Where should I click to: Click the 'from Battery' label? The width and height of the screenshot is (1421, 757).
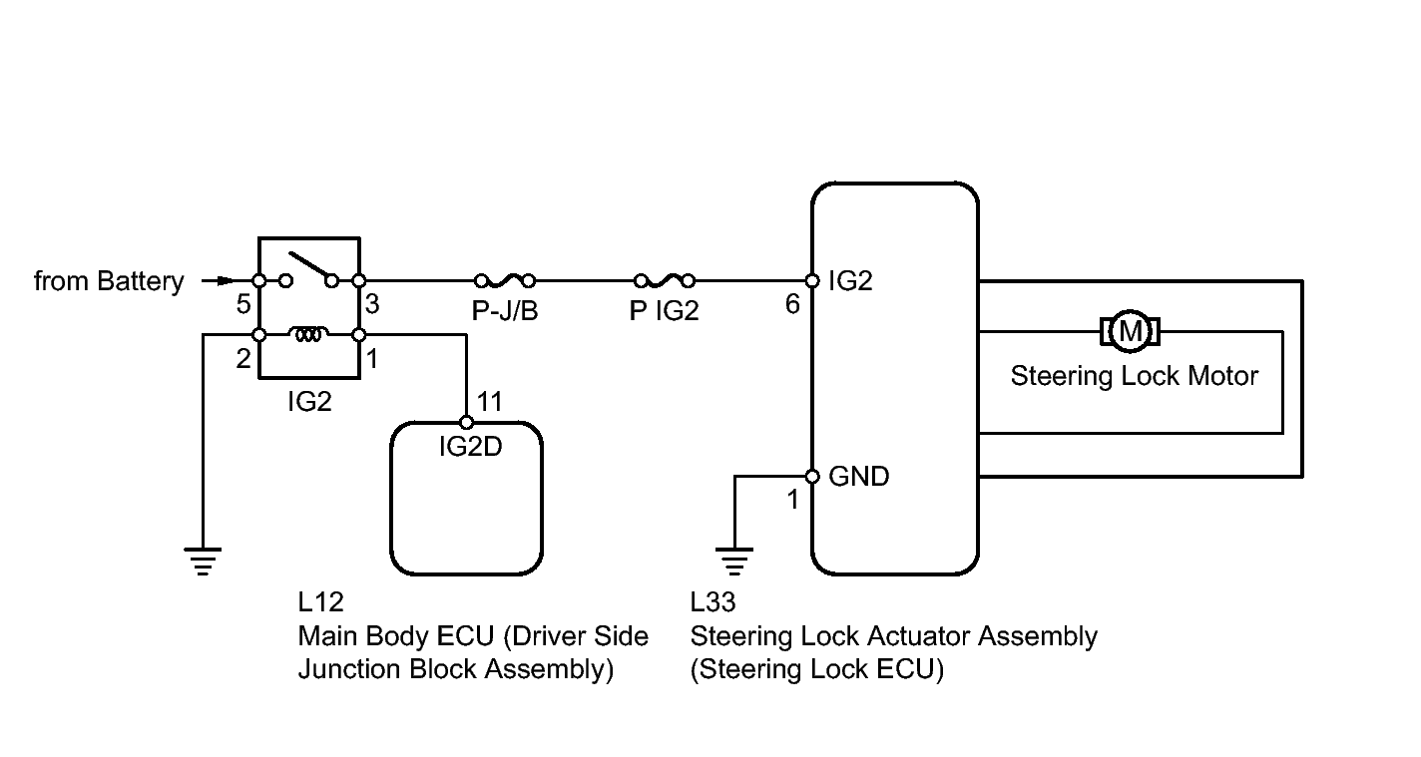tap(109, 281)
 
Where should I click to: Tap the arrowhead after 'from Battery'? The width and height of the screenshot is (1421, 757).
tap(226, 280)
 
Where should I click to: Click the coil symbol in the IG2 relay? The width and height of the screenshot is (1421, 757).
tap(309, 333)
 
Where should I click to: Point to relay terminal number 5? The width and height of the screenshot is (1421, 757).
tap(243, 305)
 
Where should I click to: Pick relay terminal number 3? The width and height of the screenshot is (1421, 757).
tap(372, 305)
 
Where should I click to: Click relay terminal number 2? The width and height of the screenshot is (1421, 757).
tap(243, 359)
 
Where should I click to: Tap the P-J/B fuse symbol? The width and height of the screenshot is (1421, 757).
tap(505, 280)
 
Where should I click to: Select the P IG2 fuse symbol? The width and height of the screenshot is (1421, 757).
tap(665, 280)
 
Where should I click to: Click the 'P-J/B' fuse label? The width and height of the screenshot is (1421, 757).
tap(505, 310)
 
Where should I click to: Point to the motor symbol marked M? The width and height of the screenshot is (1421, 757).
tap(1130, 331)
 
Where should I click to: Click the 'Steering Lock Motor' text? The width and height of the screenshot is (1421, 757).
tap(1135, 376)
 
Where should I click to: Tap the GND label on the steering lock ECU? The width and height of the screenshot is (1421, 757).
tap(859, 477)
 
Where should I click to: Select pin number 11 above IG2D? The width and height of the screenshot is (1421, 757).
tap(489, 401)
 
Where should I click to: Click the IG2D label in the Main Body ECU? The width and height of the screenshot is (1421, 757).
tap(471, 447)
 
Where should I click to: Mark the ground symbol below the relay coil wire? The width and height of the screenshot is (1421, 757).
tap(203, 562)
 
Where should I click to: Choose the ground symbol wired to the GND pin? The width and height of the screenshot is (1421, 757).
tap(734, 562)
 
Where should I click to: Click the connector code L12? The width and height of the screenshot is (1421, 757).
tap(321, 602)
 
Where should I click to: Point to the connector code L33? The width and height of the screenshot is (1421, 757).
tap(713, 602)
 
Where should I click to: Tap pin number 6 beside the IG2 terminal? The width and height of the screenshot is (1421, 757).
tap(792, 305)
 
